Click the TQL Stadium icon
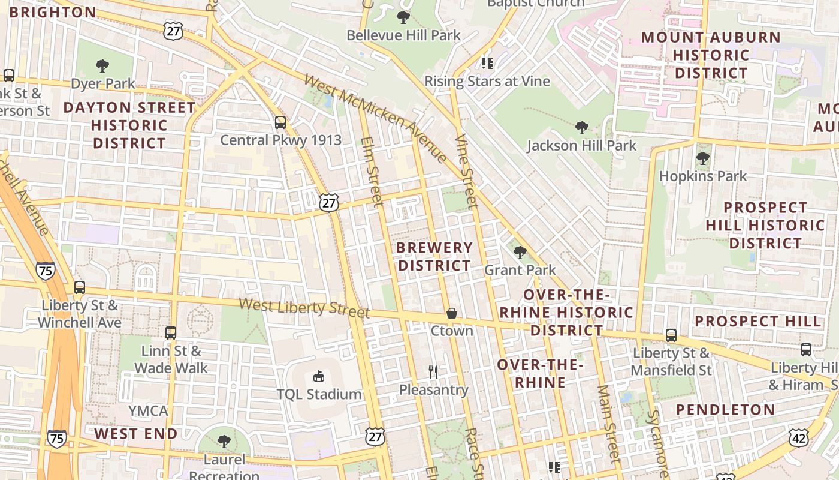click(319, 377)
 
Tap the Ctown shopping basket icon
click(452, 313)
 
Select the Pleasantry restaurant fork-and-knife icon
click(434, 372)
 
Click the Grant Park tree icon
click(520, 253)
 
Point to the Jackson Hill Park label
click(581, 146)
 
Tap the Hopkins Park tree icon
click(702, 159)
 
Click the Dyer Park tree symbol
click(102, 65)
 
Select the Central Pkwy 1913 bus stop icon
click(280, 122)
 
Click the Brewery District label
click(435, 256)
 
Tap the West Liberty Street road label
click(304, 307)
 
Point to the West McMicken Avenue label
click(375, 117)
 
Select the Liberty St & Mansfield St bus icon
click(671, 335)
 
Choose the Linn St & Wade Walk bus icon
click(171, 332)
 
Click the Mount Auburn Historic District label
click(711, 55)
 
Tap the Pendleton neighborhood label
click(726, 410)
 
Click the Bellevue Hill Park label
click(403, 35)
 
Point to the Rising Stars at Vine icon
click(487, 63)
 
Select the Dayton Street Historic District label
click(129, 125)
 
